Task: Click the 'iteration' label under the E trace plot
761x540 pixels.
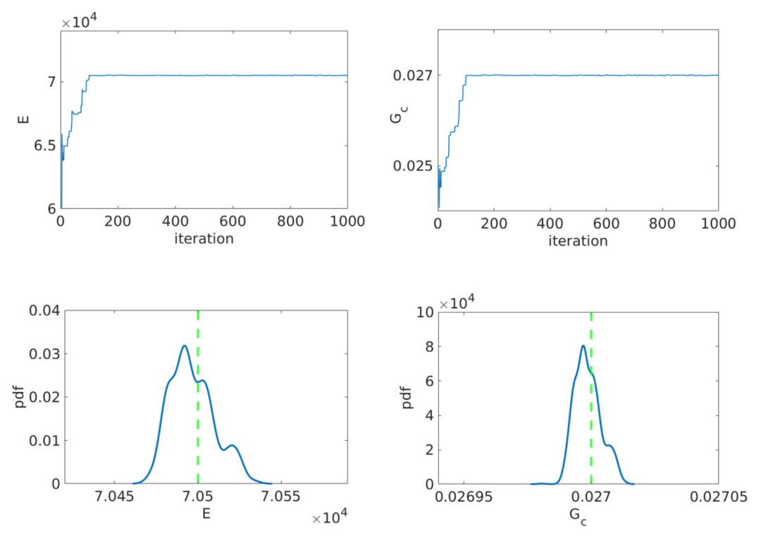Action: click(204, 239)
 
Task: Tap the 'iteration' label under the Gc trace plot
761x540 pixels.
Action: click(578, 240)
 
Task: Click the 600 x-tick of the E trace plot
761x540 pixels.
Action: click(232, 222)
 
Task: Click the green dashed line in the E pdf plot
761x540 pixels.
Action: click(198, 422)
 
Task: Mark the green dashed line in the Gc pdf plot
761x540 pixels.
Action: click(591, 422)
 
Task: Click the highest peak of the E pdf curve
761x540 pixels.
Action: click(184, 346)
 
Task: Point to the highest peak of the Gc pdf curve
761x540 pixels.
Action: click(583, 346)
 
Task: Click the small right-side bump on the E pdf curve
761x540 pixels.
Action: click(232, 445)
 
